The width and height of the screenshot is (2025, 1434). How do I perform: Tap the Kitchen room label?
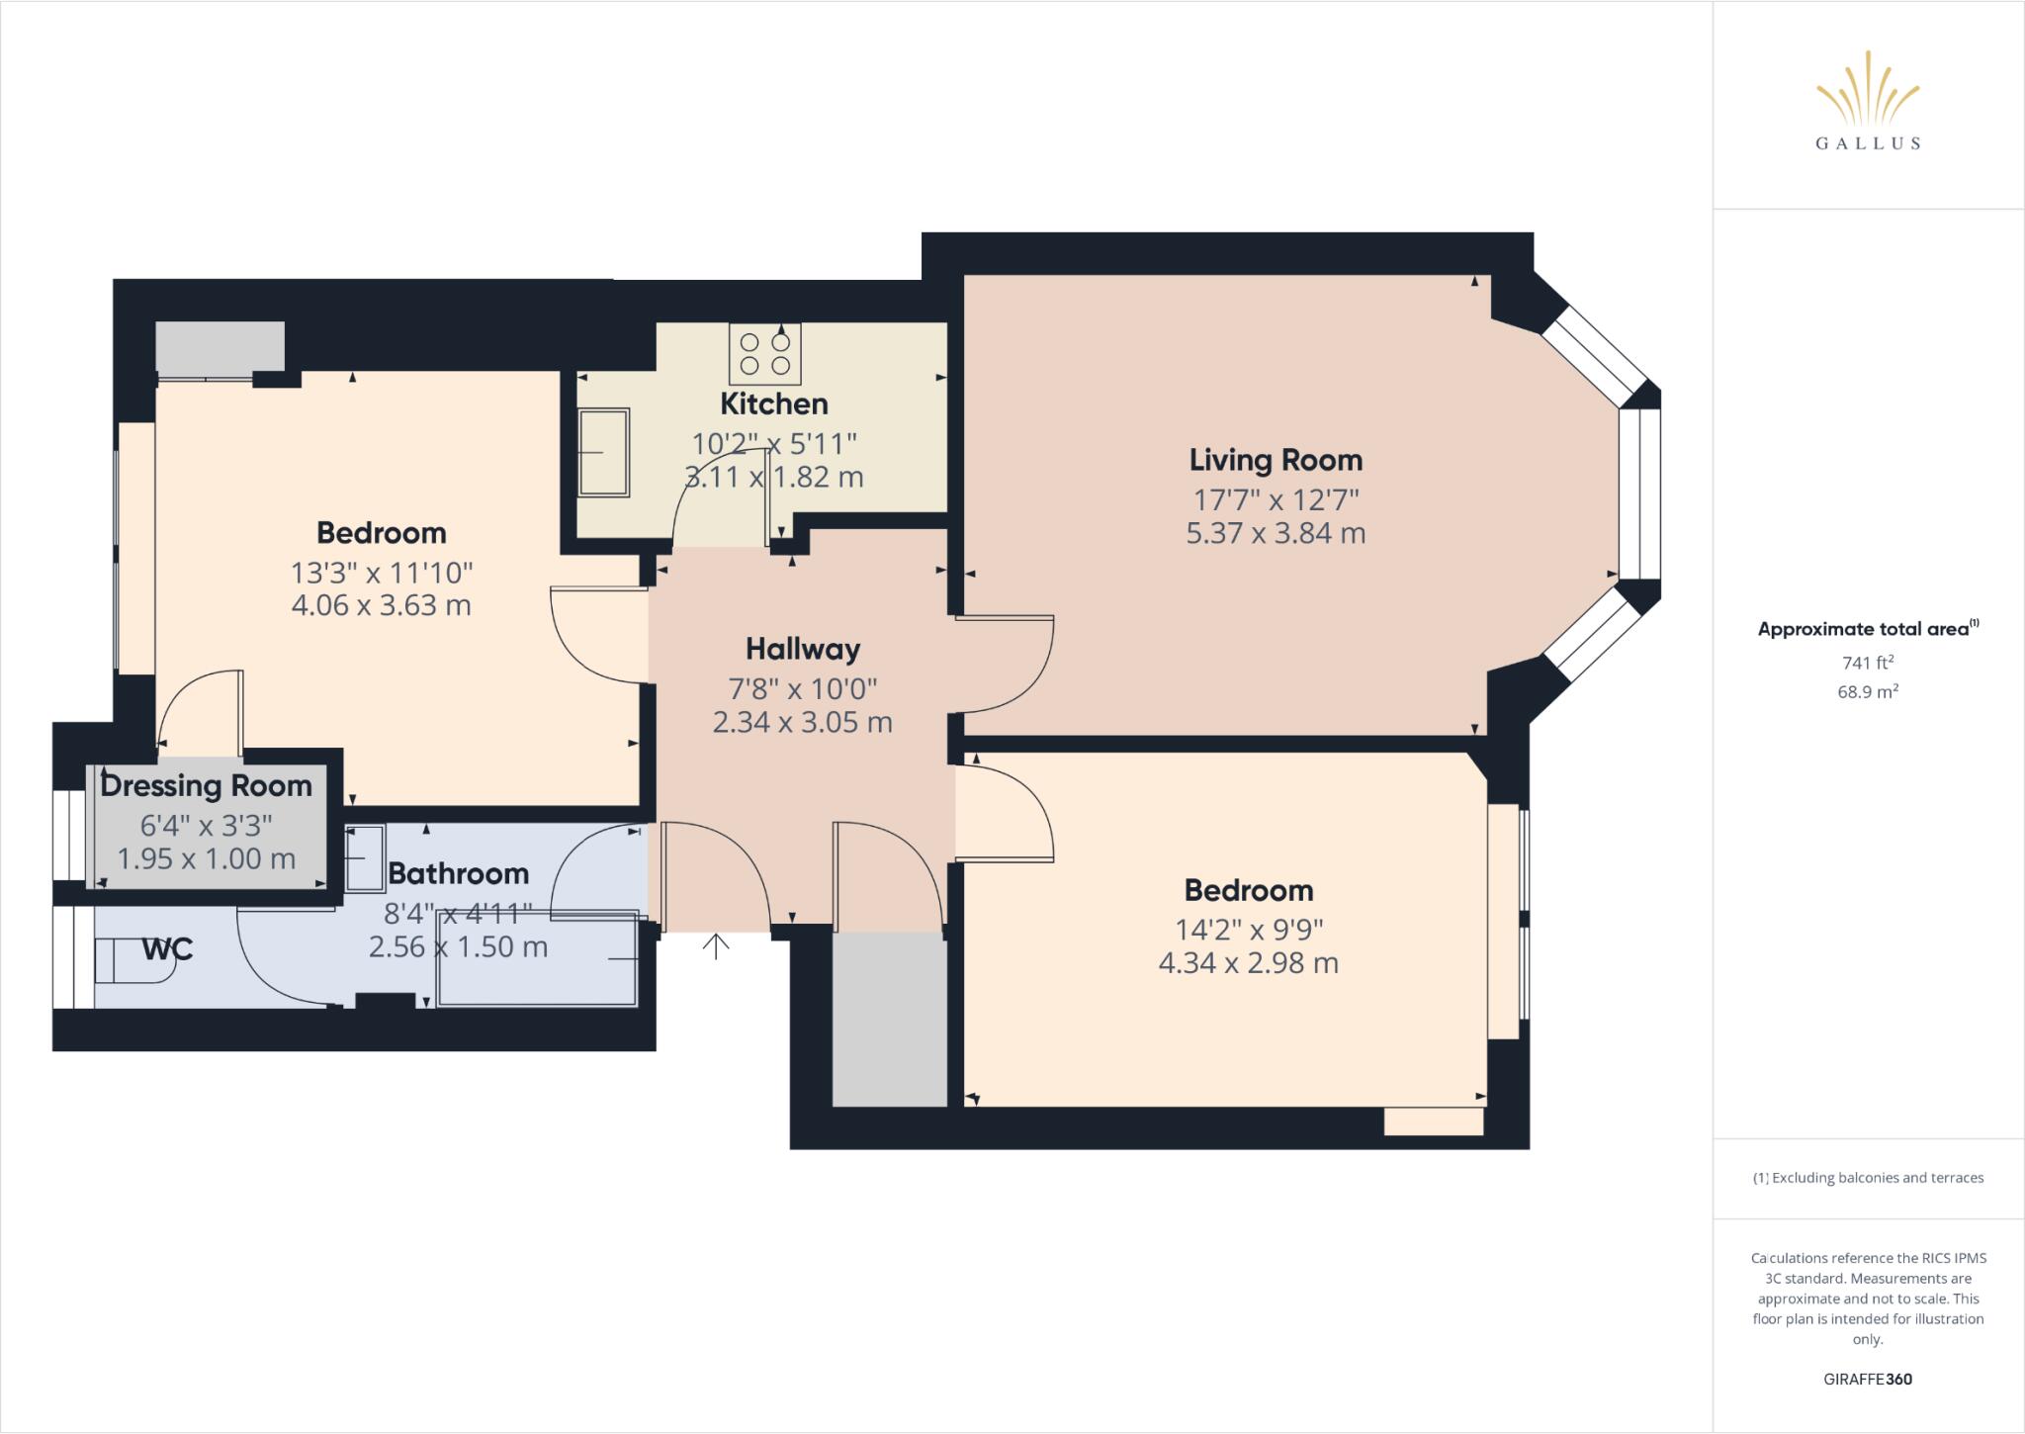coord(773,403)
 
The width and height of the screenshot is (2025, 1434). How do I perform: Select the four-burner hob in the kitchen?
coord(765,354)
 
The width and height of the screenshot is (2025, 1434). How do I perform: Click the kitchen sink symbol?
coord(603,452)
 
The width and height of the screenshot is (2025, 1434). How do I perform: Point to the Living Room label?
coord(1276,460)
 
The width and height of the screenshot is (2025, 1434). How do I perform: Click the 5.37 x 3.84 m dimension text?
coord(1276,533)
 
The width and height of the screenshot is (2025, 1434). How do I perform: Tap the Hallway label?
coord(803,649)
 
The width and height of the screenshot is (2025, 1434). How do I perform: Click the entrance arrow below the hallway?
coord(716,945)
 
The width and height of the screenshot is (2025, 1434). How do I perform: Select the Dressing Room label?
coord(206,786)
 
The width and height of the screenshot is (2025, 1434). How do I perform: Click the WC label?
coord(167,949)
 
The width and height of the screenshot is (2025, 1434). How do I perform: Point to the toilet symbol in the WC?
coord(133,959)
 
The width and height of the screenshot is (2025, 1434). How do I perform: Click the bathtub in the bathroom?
coord(537,959)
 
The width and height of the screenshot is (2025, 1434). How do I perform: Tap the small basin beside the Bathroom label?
coord(364,857)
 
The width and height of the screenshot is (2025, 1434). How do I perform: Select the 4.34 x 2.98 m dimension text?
coord(1248,962)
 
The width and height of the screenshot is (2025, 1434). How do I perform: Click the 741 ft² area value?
coord(1867,663)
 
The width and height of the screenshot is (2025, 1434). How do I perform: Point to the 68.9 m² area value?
coord(1867,692)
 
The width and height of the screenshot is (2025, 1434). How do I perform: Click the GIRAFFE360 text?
coord(1867,1379)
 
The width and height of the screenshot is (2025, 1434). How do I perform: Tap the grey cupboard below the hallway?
coord(889,1019)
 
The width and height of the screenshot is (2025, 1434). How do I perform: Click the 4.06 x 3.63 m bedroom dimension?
coord(381,605)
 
